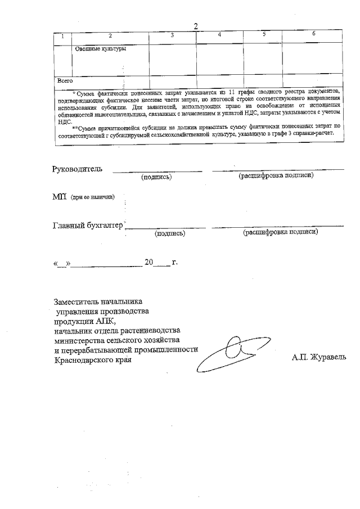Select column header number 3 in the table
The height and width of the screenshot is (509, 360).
(172, 35)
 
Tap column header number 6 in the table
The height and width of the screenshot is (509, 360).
(313, 34)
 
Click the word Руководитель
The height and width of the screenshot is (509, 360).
(78, 169)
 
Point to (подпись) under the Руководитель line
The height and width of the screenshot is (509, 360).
(156, 177)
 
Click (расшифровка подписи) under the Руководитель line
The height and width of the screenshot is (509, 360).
(276, 175)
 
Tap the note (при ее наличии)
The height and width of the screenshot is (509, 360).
(93, 197)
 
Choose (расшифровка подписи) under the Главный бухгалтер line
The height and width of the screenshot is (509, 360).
(281, 232)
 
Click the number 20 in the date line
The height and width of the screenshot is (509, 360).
(149, 262)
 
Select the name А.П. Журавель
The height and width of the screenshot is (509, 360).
(319, 357)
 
